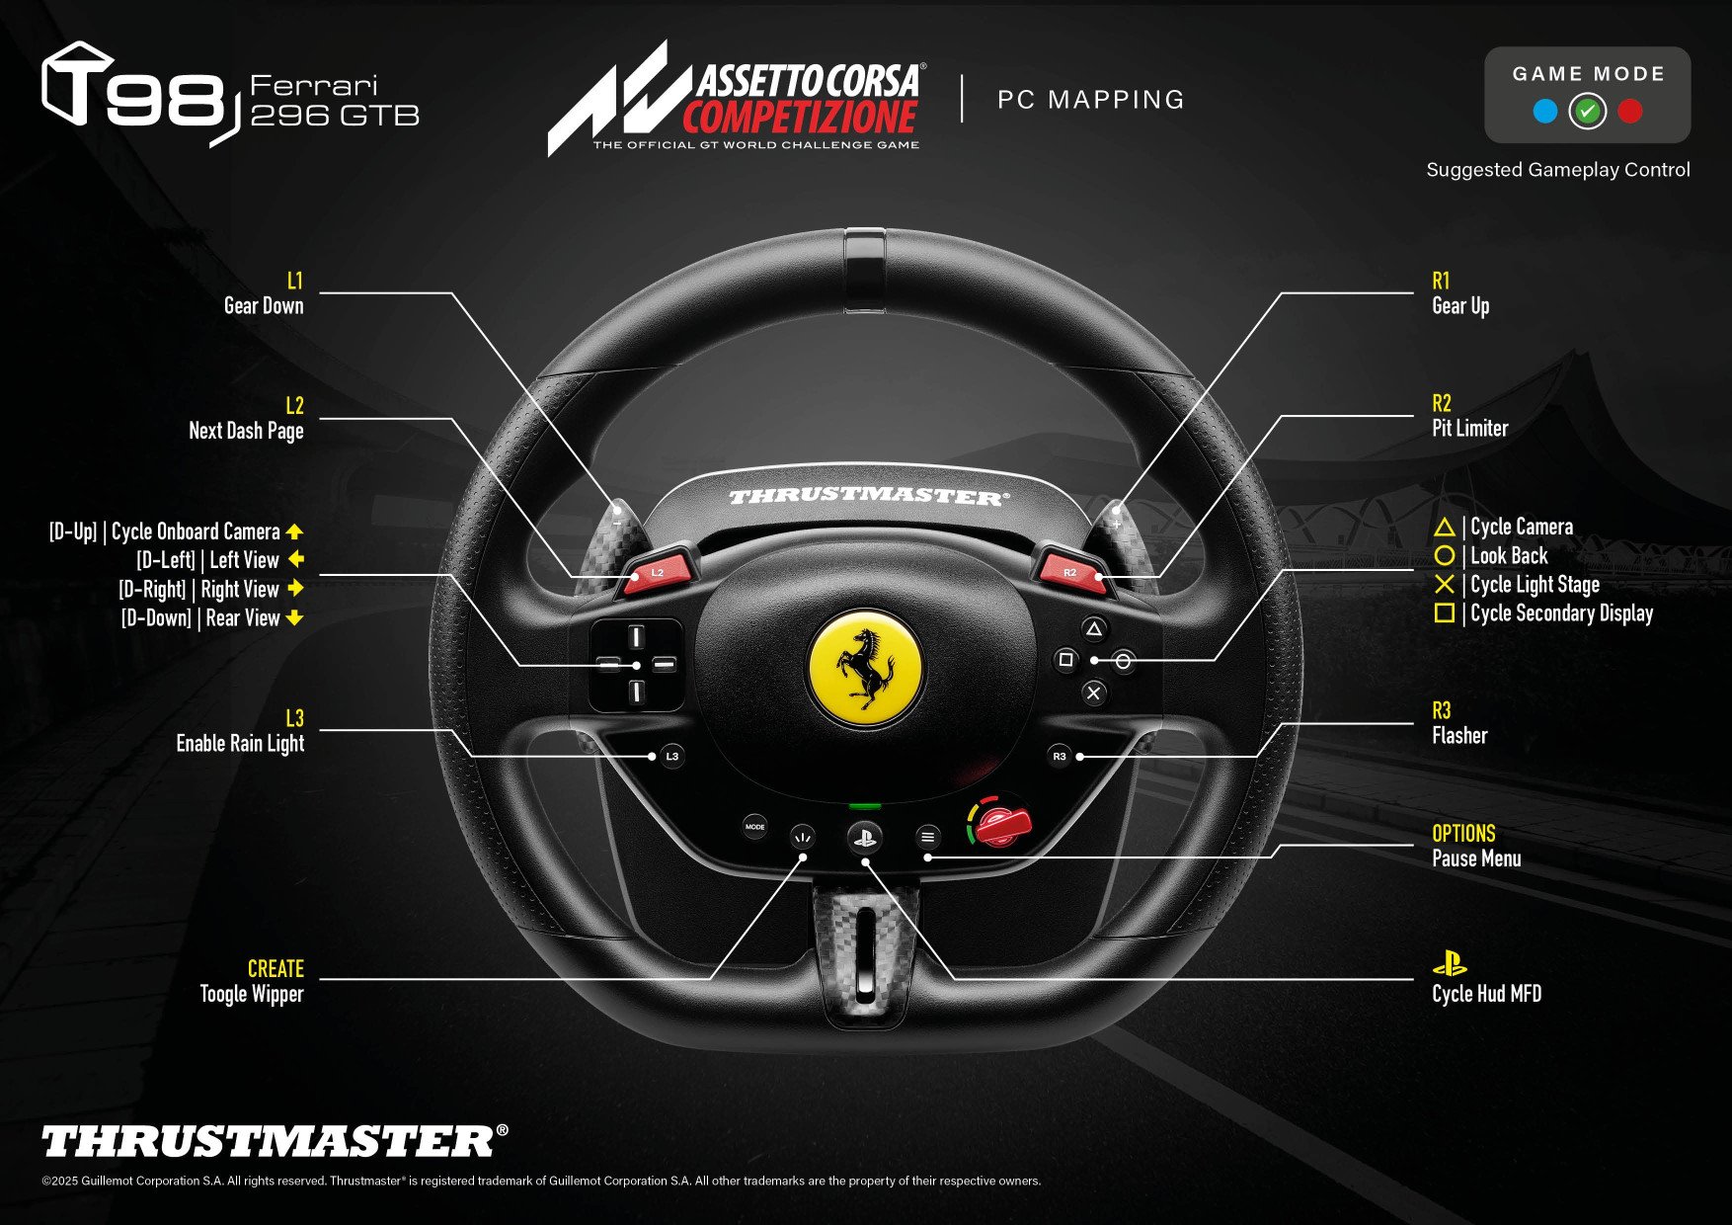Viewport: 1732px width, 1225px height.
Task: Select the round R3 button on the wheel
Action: pos(1060,756)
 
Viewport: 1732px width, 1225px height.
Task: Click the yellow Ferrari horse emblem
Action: pos(866,668)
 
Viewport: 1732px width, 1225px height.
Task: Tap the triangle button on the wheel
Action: pos(1093,628)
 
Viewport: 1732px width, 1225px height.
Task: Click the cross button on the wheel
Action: pos(1093,694)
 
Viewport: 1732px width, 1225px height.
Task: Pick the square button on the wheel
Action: pos(1065,660)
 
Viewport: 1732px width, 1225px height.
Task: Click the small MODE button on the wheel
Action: pos(754,827)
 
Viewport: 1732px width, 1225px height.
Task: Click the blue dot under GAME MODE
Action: pos(1545,112)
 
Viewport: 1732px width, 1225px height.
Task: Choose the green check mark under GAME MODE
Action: pos(1588,112)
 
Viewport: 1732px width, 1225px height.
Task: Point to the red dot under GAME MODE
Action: pos(1630,112)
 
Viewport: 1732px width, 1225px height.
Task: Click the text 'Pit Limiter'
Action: pos(1470,429)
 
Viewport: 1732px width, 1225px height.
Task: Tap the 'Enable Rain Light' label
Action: pos(240,744)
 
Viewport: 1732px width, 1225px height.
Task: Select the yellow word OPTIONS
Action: pos(1463,834)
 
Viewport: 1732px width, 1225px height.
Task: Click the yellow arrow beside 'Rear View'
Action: pos(294,618)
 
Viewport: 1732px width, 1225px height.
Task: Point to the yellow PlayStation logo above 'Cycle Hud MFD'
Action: pos(1450,963)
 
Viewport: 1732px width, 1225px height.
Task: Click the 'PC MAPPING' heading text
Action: pos(1090,100)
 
